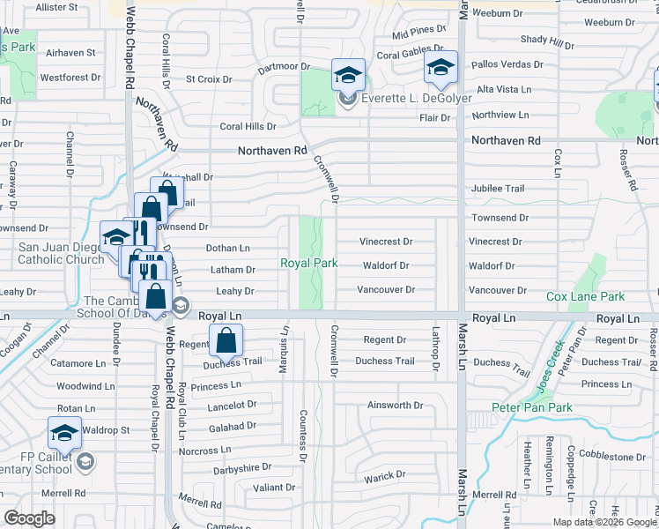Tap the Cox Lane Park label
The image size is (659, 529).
tap(585, 297)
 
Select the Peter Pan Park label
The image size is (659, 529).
tap(532, 407)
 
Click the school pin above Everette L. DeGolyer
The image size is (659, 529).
tap(348, 74)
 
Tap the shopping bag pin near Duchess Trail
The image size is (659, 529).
tap(226, 340)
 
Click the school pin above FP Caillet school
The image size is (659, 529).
tap(64, 433)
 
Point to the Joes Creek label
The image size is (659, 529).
tap(548, 362)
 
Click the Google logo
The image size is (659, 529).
tap(29, 518)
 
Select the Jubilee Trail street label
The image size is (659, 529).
tap(498, 189)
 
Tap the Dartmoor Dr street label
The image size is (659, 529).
tap(285, 67)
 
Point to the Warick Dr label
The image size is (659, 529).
tap(385, 475)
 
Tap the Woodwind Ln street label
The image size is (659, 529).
tap(85, 386)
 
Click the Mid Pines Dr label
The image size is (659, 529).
tap(414, 34)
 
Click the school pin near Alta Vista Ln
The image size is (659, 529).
tap(441, 67)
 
